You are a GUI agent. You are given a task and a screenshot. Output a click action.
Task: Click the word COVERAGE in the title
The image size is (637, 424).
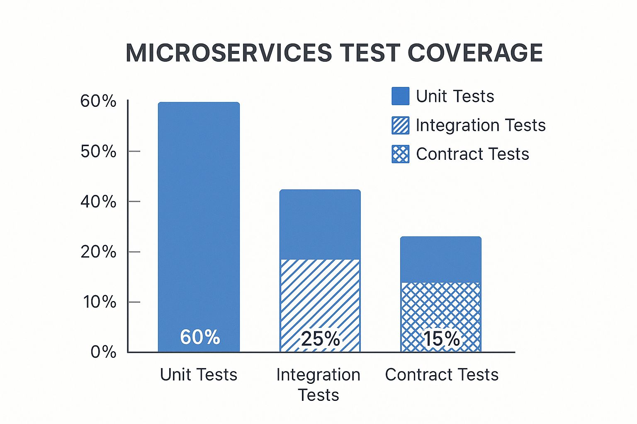(475, 53)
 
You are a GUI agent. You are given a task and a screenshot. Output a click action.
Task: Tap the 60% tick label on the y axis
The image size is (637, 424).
(98, 101)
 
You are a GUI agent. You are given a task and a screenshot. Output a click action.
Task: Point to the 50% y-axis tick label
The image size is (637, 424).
(98, 152)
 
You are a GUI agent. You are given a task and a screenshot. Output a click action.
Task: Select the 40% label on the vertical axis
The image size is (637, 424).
(98, 202)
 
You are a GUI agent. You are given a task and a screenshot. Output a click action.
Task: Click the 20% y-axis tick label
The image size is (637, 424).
(98, 252)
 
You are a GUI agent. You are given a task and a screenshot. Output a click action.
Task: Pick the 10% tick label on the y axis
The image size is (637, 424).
(99, 302)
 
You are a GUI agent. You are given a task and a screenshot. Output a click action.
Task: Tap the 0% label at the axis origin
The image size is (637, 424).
(103, 352)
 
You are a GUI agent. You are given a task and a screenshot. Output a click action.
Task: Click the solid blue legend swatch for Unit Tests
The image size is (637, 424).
(400, 96)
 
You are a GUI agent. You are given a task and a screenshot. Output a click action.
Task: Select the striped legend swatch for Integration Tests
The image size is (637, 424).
(400, 125)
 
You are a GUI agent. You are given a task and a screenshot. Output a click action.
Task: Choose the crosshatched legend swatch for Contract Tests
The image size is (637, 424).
(400, 154)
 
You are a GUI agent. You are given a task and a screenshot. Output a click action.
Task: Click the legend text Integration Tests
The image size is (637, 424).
(481, 125)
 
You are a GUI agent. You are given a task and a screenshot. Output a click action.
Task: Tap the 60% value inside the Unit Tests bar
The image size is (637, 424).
(200, 337)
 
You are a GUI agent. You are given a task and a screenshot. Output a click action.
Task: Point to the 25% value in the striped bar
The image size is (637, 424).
(320, 339)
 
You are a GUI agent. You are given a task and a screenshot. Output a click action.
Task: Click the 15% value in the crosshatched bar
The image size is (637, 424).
(441, 339)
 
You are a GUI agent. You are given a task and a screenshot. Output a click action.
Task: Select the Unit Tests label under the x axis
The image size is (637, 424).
(199, 375)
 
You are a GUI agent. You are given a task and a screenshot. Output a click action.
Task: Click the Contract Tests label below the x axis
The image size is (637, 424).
(442, 375)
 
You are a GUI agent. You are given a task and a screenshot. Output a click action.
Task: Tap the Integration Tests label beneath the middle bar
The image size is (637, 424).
(318, 385)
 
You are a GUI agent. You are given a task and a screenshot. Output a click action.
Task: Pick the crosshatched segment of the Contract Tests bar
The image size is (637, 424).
(441, 306)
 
